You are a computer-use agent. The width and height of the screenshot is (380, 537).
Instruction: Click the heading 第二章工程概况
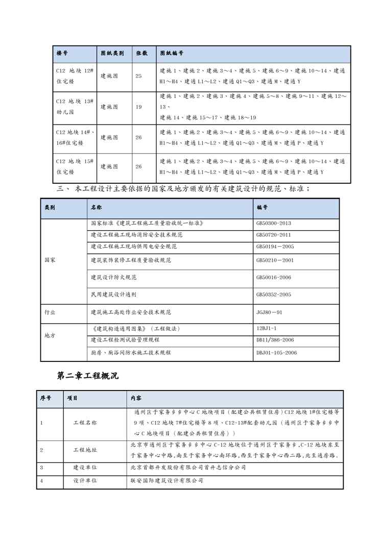tap(87, 376)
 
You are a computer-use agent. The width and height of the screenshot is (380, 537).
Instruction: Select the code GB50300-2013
tap(274, 224)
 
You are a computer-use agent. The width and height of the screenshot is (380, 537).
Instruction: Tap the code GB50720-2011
tap(274, 235)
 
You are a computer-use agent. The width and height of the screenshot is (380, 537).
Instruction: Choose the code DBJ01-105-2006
tap(276, 353)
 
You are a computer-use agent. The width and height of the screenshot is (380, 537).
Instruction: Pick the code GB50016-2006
tap(274, 277)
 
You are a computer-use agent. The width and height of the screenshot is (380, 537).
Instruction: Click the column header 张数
tap(141, 53)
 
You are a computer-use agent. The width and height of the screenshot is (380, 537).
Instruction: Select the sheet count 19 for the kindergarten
tap(139, 107)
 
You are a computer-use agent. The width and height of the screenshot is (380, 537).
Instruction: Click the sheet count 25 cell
tap(139, 76)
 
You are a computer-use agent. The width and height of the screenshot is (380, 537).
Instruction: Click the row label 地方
tap(50, 336)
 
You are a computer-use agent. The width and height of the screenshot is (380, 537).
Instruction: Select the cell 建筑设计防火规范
tap(113, 277)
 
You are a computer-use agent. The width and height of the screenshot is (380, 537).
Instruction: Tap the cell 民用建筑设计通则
tap(113, 295)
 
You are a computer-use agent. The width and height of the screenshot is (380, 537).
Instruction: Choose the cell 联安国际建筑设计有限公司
tap(167, 481)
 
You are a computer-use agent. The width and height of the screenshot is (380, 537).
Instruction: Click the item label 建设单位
tap(85, 467)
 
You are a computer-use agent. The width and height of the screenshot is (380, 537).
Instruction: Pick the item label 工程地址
tap(85, 450)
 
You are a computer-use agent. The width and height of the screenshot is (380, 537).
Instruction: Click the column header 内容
tap(136, 398)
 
